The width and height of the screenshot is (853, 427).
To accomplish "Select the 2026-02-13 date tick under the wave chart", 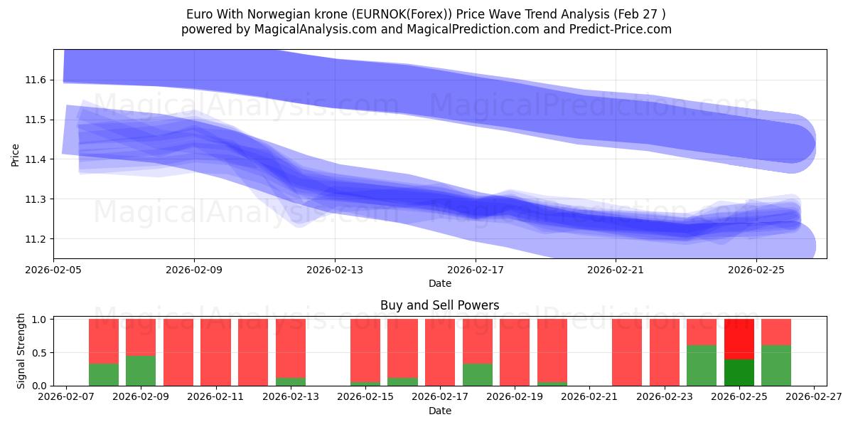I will [335, 270].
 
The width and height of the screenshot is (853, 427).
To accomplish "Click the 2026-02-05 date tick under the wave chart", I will [54, 270].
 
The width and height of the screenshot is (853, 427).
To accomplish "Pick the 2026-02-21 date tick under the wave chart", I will [615, 270].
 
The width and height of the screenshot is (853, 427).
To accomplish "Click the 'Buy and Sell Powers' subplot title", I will [439, 305].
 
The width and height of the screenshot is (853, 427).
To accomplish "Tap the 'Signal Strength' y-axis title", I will [21, 351].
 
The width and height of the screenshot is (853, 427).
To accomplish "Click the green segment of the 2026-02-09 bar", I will [141, 370].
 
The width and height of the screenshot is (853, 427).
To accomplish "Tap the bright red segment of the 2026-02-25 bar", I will [739, 339].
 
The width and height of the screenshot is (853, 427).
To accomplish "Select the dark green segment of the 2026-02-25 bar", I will [739, 372].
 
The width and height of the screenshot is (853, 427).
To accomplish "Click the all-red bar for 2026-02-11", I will [215, 352].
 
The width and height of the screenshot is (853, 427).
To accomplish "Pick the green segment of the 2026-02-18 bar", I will [477, 374].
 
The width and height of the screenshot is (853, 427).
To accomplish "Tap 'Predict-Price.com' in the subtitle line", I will [623, 29].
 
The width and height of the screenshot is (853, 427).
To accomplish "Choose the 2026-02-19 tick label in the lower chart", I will [515, 397].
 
